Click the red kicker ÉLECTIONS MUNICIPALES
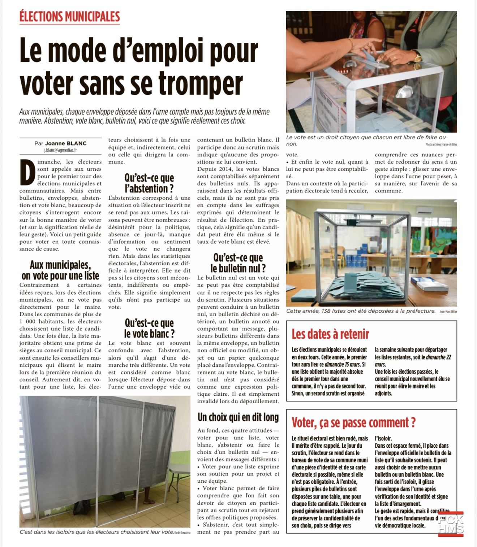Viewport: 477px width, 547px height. (x=69, y=17)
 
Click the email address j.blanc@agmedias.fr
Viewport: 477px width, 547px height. (x=60, y=150)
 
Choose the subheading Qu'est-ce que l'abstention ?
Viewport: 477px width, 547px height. (x=149, y=183)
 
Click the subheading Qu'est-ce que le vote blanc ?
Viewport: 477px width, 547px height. (x=149, y=328)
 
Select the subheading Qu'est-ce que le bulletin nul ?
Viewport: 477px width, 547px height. (x=238, y=263)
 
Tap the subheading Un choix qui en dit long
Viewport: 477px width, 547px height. (x=238, y=417)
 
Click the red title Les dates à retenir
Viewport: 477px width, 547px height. (x=330, y=334)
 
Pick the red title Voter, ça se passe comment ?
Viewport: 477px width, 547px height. (x=353, y=422)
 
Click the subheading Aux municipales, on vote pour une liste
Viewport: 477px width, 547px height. (x=60, y=270)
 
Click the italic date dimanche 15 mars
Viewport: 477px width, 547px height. (x=342, y=364)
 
